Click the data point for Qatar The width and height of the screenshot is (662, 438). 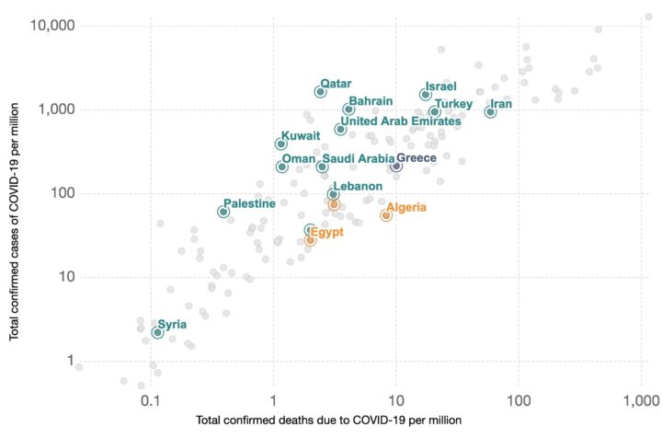coord(320,92)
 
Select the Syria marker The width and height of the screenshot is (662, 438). coord(158,333)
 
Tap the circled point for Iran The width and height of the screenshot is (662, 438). coord(491,112)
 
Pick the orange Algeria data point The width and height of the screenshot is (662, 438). coord(386,215)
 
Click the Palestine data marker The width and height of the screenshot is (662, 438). coord(223,212)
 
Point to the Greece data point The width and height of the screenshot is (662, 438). coord(396,166)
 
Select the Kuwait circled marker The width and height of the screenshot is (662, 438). coord(281,144)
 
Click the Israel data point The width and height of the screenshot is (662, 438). coord(426,95)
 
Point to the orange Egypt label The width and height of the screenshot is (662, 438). coord(326,232)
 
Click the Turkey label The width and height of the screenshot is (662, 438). coord(453,103)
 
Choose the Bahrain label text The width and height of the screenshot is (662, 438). coord(371,100)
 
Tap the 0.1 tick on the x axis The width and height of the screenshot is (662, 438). coord(151,401)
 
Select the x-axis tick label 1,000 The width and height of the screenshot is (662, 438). coord(640,401)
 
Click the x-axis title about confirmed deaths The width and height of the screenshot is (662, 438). coord(328,420)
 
